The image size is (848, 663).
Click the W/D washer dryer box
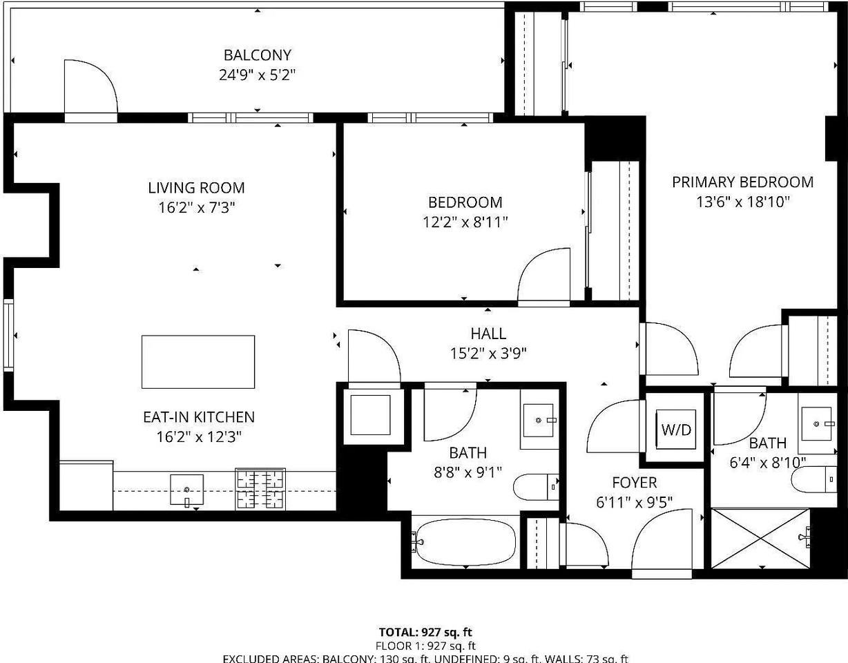(676, 430)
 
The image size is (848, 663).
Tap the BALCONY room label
(257, 55)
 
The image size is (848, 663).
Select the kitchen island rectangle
(198, 362)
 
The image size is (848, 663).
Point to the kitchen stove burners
(260, 489)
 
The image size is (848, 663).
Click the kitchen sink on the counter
(186, 490)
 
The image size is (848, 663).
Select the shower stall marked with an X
(760, 538)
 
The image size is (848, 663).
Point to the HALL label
(488, 334)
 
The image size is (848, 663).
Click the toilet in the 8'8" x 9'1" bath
(536, 486)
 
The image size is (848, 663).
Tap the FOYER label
(635, 483)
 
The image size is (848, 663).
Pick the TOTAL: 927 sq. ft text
(425, 632)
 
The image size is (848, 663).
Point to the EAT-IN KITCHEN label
(198, 417)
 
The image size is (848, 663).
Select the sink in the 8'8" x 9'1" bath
(538, 420)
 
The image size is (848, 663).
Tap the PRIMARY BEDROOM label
(742, 182)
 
